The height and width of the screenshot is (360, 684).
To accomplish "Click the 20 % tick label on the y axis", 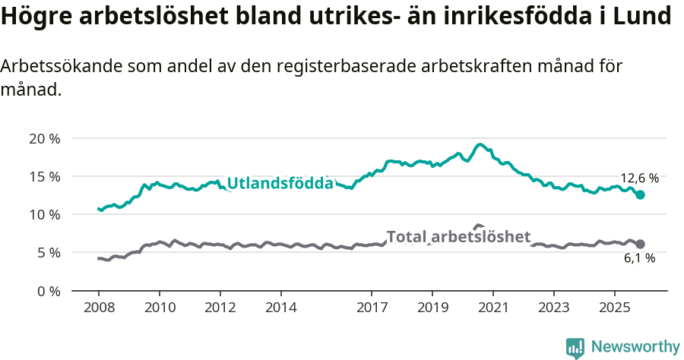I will pos(44,138).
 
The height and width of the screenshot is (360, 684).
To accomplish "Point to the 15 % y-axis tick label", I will pos(44,176).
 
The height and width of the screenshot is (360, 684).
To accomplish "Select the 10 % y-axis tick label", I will pos(44,214).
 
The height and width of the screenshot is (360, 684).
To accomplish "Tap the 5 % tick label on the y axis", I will pos(48,252).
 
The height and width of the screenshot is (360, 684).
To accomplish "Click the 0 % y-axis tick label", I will pos(48,290).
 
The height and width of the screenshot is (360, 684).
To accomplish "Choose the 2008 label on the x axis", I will pos(99,308).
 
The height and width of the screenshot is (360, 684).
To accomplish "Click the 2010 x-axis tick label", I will pos(160,308).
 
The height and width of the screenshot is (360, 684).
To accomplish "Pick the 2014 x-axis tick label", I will pos(280,308).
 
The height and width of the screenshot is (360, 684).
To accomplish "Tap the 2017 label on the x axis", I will pos(372,308).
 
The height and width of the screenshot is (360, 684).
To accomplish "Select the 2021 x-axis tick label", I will pos(493,308).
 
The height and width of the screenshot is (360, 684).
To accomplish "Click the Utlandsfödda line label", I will pos(280,183).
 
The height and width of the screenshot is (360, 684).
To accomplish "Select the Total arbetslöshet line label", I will pos(458,237).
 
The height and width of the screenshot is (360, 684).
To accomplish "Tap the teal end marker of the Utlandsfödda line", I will pos(640,195).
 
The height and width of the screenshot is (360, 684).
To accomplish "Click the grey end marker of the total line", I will pos(640,244).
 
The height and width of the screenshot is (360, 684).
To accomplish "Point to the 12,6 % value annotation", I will pos(639,178).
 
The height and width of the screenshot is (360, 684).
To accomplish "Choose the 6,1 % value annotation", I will pos(639,258).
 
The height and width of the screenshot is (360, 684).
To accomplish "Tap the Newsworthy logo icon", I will pos(575,347).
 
